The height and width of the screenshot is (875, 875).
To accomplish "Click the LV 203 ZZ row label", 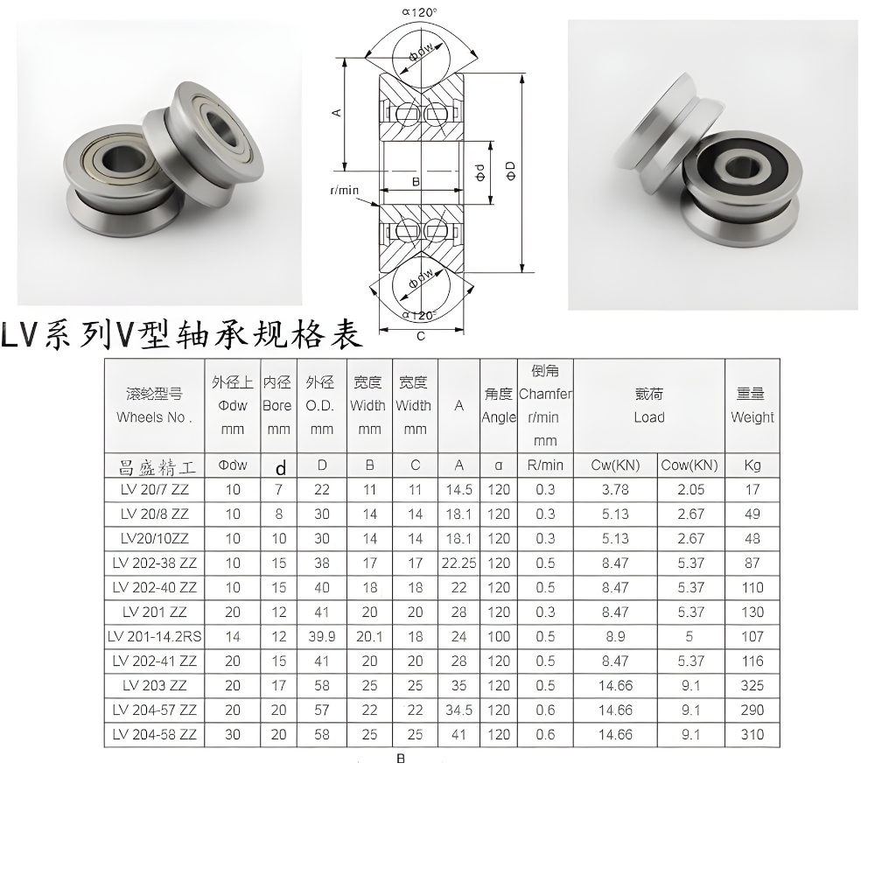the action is coord(154,685).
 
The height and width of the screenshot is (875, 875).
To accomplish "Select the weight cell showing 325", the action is coord(752,685).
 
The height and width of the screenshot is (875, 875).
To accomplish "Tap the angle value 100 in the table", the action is coord(499,637).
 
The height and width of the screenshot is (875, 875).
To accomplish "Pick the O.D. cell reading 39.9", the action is coord(322,637).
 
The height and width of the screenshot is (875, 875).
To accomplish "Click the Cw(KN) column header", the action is coord(615,465).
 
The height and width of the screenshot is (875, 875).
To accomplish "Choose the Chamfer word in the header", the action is coord(545,394).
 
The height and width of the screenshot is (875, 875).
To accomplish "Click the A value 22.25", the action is coord(458,563).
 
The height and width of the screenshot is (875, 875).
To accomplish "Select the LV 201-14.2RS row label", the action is coord(154,637).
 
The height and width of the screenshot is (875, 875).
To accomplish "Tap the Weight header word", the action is coord(752,417).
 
